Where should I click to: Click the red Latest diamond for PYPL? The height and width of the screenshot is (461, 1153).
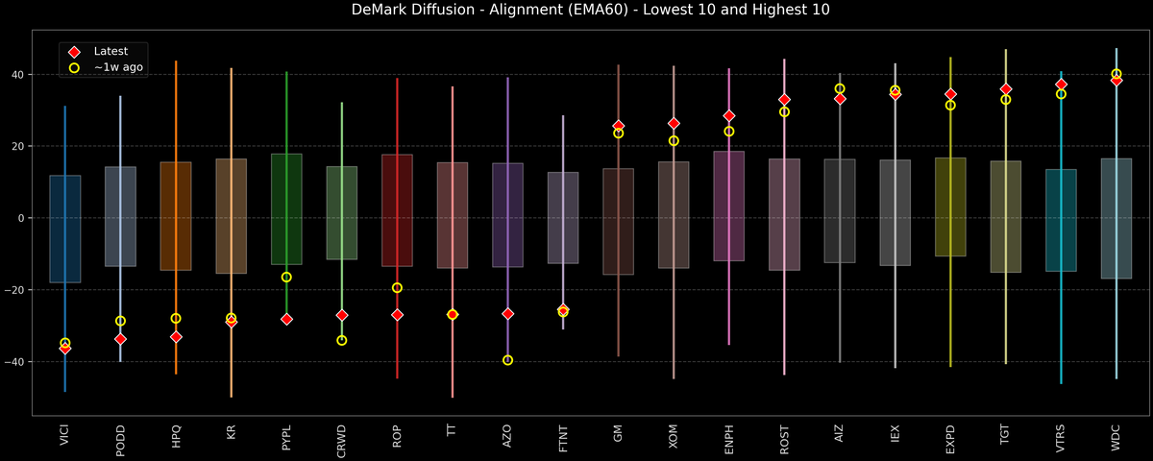point(286,319)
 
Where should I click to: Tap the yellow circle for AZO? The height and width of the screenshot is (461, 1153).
point(507,360)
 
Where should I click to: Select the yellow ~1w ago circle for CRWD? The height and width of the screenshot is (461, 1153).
point(342,340)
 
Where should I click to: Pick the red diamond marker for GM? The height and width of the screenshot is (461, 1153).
point(619,126)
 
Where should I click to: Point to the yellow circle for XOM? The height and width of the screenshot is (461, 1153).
point(674,141)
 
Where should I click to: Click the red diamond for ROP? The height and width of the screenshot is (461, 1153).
point(397,315)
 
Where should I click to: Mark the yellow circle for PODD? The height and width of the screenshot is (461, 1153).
point(120,321)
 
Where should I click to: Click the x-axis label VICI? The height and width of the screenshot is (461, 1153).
point(64,437)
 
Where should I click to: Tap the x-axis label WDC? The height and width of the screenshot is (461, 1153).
point(1116,437)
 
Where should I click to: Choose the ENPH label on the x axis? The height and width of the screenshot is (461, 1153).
point(729,439)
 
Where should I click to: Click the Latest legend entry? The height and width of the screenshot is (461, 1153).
point(110,51)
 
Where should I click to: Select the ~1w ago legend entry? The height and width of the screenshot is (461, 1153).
point(119,68)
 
